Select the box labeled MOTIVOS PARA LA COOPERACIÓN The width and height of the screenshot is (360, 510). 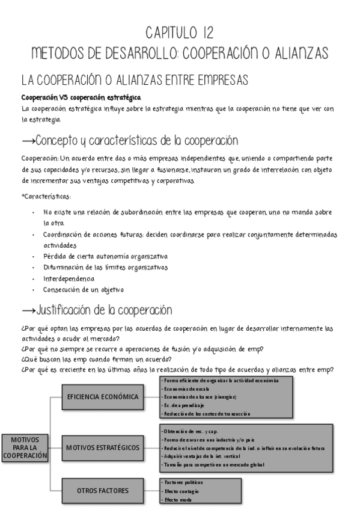point(25,448)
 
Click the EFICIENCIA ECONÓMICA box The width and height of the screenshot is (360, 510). point(102,397)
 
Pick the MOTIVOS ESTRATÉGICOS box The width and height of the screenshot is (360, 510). point(102,447)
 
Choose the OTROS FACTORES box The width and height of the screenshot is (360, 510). point(102,491)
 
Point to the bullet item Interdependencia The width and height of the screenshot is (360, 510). point(69,279)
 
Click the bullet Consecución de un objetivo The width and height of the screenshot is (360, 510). point(84,290)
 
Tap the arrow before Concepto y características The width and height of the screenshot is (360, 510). point(28,141)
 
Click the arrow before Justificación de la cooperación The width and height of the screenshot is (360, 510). point(28,311)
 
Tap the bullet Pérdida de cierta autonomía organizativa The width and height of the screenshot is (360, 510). point(105,257)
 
